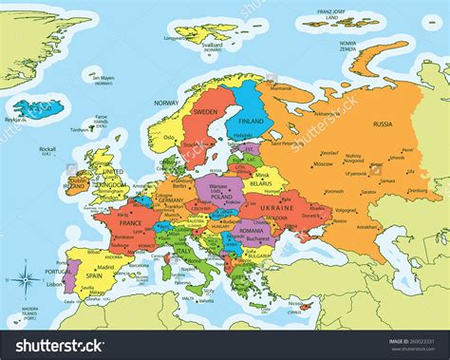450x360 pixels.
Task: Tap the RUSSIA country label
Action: (383, 124)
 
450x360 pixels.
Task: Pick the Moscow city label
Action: (325, 163)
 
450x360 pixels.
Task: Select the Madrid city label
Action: (106, 268)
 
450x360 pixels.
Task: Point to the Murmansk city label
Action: (282, 87)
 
